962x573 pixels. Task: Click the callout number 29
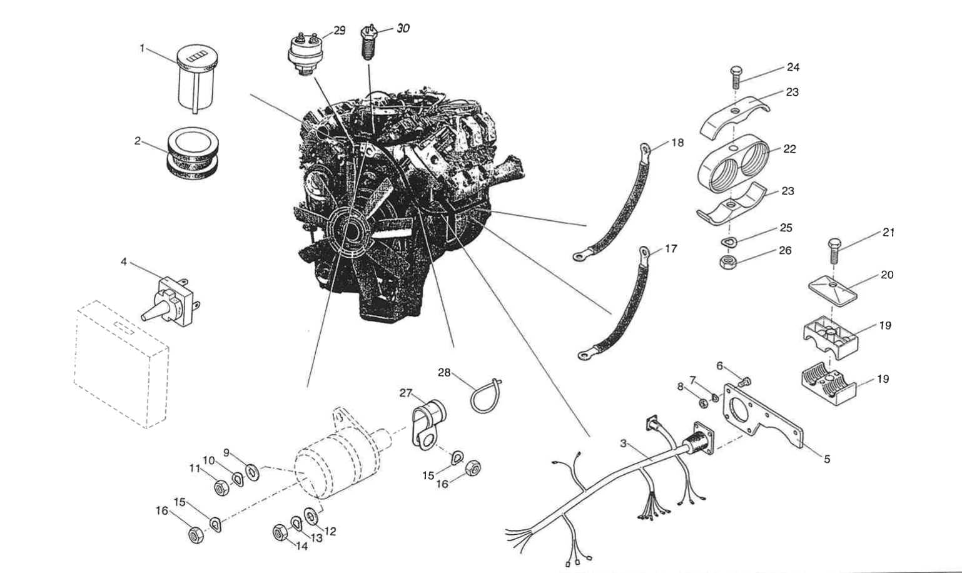(339, 31)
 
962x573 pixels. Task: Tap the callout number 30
(403, 28)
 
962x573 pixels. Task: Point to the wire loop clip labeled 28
(487, 395)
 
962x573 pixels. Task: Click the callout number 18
(677, 143)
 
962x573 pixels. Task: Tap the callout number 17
(671, 249)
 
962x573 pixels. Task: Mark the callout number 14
(302, 545)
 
